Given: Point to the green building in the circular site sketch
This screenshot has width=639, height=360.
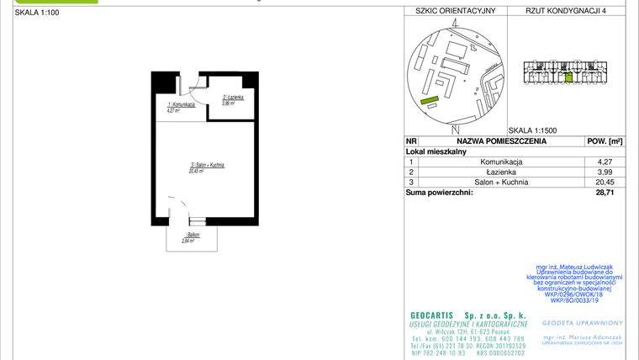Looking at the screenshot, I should [x=430, y=100].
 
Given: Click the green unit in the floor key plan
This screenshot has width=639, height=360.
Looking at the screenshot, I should [x=569, y=77].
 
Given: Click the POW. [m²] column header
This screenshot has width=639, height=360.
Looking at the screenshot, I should [x=604, y=141].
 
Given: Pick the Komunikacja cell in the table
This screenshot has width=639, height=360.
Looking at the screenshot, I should [x=501, y=161].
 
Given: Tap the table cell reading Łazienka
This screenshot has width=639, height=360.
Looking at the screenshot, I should [x=501, y=172].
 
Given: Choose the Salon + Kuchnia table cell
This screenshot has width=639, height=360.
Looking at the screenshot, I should [x=501, y=182].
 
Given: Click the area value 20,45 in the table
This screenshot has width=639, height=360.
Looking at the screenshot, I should [x=604, y=182].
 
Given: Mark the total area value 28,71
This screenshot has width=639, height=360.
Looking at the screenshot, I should [x=604, y=193].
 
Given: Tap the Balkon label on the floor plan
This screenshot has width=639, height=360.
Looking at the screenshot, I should [x=192, y=235].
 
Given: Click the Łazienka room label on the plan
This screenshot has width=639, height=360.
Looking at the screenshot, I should [x=233, y=98].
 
